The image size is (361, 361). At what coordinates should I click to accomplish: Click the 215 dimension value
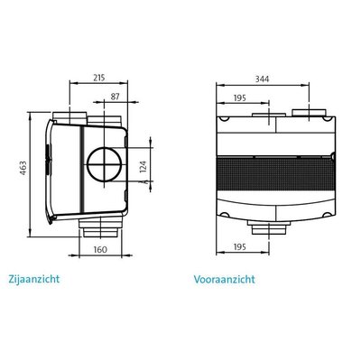click(x=99, y=78)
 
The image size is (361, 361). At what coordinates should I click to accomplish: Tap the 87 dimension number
click(x=115, y=97)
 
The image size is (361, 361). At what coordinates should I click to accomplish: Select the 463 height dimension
click(x=23, y=168)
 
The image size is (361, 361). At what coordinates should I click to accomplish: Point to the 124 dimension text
click(x=143, y=167)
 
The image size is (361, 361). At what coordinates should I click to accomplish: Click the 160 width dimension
click(x=100, y=249)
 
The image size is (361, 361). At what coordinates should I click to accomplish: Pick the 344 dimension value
click(x=263, y=79)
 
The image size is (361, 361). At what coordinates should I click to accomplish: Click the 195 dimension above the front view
click(x=240, y=97)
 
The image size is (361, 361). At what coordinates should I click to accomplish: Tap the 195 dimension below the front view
click(x=240, y=247)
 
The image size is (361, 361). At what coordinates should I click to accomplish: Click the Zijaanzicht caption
click(x=34, y=279)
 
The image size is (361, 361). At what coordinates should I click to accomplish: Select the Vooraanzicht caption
click(x=225, y=280)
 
